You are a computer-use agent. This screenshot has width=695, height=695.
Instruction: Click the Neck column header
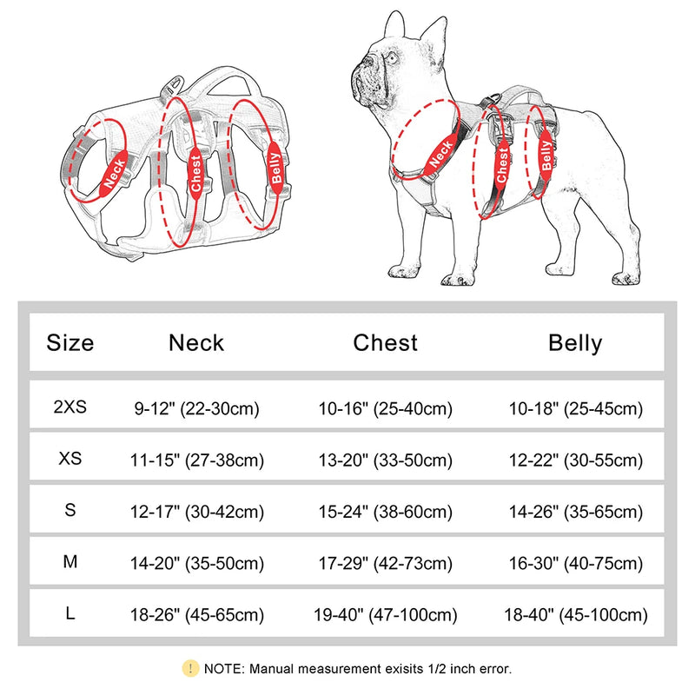tap(196, 343)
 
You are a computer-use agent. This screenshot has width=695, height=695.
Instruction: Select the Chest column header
tap(385, 343)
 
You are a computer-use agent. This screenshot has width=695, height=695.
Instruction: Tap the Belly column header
tap(574, 343)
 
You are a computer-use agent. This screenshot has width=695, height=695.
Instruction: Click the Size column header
tap(70, 343)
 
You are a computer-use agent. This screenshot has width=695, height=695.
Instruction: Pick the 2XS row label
tap(70, 406)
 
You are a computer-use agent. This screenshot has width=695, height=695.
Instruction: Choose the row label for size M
tap(70, 562)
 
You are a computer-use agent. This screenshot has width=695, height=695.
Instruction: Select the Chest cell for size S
tap(385, 512)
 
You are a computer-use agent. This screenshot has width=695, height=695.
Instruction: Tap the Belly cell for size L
tap(575, 615)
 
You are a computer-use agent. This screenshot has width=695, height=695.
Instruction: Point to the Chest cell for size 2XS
tap(385, 407)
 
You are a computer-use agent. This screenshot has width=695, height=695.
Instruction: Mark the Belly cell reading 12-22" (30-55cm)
tap(575, 460)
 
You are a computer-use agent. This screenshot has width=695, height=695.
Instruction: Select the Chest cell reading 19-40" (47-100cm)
tap(385, 615)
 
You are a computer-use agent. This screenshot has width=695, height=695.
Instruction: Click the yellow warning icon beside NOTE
tap(190, 668)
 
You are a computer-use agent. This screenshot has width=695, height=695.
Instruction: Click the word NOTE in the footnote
tap(225, 669)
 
